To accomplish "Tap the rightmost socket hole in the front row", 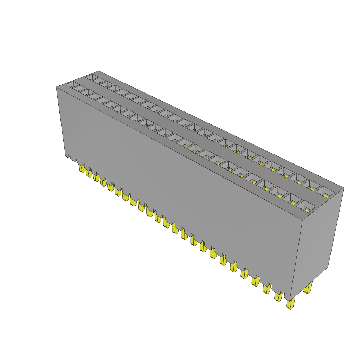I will (304, 206).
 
